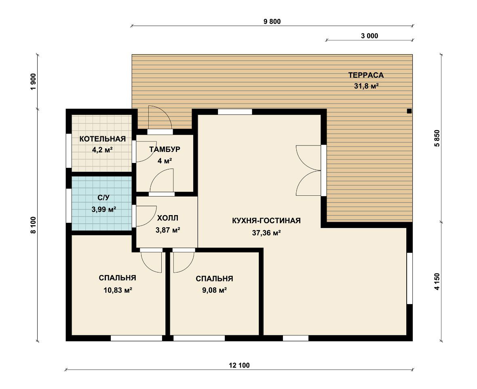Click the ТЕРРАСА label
click(366, 75)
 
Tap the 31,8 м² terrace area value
click(366, 86)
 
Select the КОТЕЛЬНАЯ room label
click(103, 139)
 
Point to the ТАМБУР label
click(165, 149)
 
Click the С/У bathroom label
click(103, 198)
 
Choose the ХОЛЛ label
click(168, 218)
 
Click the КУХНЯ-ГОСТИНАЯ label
click(266, 221)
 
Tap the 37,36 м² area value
click(266, 233)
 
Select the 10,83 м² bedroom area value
click(117, 290)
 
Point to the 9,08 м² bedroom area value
click(215, 290)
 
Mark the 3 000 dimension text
click(369, 36)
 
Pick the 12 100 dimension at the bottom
click(239, 365)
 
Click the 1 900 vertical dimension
click(34, 81)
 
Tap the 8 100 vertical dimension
click(34, 225)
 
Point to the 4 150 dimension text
click(437, 282)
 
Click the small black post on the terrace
click(409, 111)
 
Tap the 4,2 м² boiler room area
click(103, 150)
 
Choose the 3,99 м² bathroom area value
click(104, 209)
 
